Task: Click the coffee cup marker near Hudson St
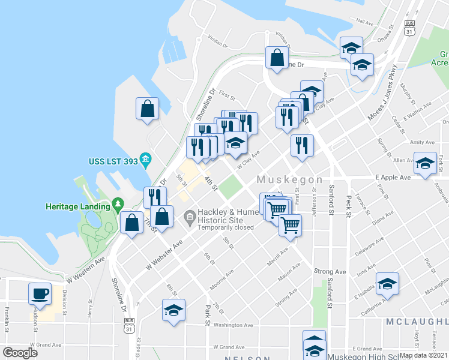(x=40, y=294)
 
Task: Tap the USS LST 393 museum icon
(x=145, y=160)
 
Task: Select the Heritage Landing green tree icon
(x=118, y=205)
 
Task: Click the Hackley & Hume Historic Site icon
(x=190, y=215)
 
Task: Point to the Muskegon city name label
(x=290, y=180)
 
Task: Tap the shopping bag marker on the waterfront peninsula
(x=147, y=109)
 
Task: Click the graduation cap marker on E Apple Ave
(x=425, y=164)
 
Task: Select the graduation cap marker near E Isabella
(x=387, y=284)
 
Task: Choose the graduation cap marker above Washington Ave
(x=173, y=311)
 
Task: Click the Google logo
(x=20, y=353)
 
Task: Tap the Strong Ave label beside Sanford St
(x=330, y=272)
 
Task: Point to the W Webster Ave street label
(x=164, y=255)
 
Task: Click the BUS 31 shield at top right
(x=409, y=28)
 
